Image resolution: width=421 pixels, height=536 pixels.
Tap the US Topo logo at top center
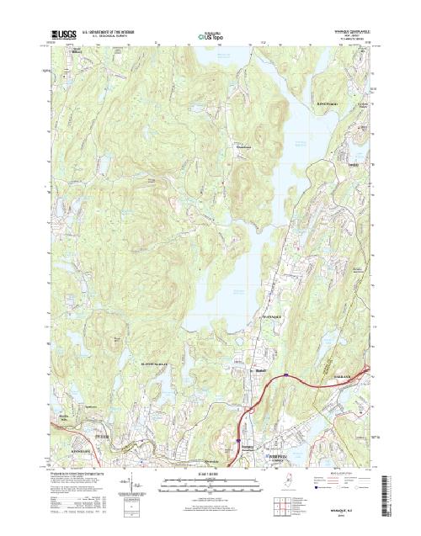(x=211, y=37)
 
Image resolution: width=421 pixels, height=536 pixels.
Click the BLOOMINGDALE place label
(x=154, y=364)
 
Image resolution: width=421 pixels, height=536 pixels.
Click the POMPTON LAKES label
(x=280, y=435)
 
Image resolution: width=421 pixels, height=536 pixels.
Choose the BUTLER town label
(x=104, y=437)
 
